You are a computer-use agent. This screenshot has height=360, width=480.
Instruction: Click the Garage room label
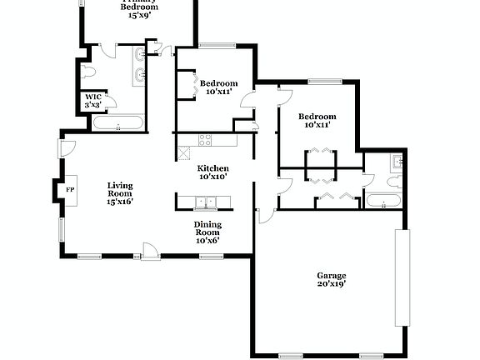click(x=331, y=276)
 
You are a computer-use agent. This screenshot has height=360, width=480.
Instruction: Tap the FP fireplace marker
click(x=70, y=190)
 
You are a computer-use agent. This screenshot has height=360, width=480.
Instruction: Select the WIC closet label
click(x=92, y=97)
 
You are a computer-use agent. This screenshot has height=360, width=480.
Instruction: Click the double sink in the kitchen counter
click(x=203, y=201)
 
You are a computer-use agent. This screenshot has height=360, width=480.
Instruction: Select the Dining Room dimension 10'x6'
click(x=207, y=240)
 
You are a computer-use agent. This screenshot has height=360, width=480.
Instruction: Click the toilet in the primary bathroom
click(x=90, y=72)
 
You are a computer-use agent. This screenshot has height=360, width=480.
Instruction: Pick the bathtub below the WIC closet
click(x=117, y=125)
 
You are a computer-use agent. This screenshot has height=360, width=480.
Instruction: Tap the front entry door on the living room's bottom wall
click(x=150, y=251)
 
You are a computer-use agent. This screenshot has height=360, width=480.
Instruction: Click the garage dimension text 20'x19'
click(x=331, y=284)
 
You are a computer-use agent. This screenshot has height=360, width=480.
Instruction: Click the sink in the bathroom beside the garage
click(x=398, y=161)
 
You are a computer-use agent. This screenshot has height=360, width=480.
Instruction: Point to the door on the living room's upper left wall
click(x=62, y=148)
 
